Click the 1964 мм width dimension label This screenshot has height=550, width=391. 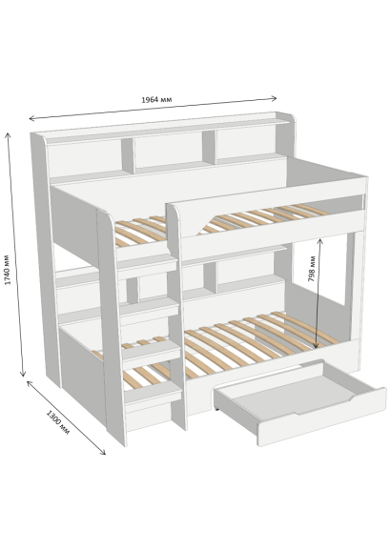coord(156,100)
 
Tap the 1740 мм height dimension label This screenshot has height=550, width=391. coord(8,270)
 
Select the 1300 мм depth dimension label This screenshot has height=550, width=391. coord(58,422)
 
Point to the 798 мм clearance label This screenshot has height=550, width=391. coord(311,269)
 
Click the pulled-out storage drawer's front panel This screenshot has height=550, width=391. coord(322,417)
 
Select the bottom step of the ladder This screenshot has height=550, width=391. coord(153,392)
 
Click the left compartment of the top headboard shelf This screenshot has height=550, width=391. coord(85,157)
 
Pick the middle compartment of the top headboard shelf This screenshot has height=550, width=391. coord(169,150)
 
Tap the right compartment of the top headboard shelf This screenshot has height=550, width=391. coord(246,143)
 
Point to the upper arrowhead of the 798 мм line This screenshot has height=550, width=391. coord(319,241)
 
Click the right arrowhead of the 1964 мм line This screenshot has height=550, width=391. coord(274,98)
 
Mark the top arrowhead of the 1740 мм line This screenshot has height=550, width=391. coord(8,135)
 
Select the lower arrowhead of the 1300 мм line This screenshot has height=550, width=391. coord(102,452)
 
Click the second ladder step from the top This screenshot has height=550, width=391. coord(150,307)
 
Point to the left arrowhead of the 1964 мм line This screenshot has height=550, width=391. coord(32,118)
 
